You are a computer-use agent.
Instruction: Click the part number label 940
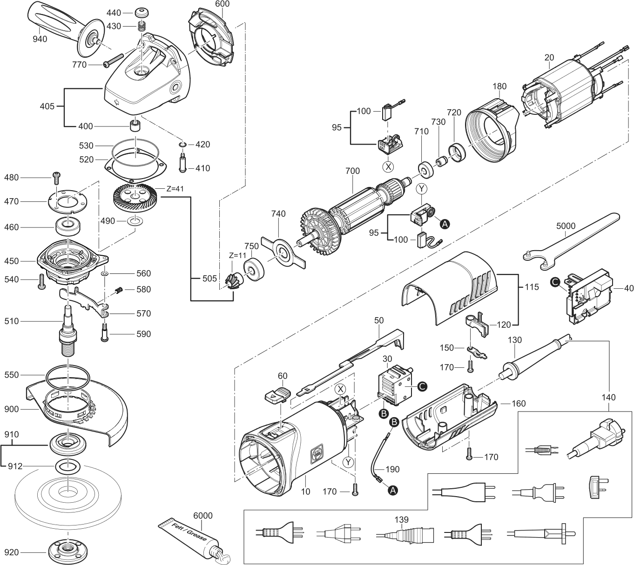click(x=40, y=39)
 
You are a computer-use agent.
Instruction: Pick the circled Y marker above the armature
click(x=421, y=189)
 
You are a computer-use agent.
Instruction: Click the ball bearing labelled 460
click(x=68, y=227)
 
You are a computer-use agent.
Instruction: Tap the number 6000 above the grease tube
click(x=202, y=515)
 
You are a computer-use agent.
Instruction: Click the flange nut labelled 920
click(x=68, y=552)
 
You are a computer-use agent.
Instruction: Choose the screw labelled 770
click(x=112, y=60)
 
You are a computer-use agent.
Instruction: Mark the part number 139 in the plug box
click(x=401, y=519)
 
